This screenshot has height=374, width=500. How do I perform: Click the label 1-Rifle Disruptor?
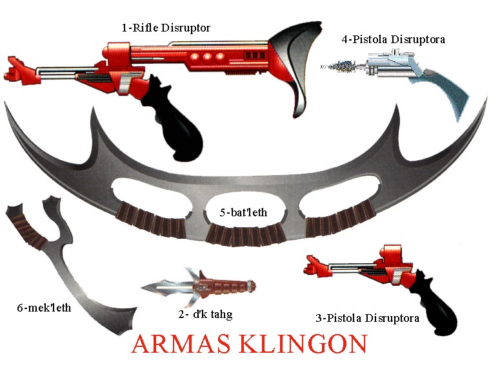[166, 28]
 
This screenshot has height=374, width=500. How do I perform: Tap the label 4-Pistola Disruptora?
[394, 39]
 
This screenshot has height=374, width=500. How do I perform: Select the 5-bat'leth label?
[242, 212]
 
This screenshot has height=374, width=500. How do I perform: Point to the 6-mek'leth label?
[44, 308]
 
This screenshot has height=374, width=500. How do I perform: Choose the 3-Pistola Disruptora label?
[368, 318]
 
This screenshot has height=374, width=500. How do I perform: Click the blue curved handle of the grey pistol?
[452, 97]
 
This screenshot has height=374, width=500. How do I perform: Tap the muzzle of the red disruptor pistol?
[310, 265]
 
